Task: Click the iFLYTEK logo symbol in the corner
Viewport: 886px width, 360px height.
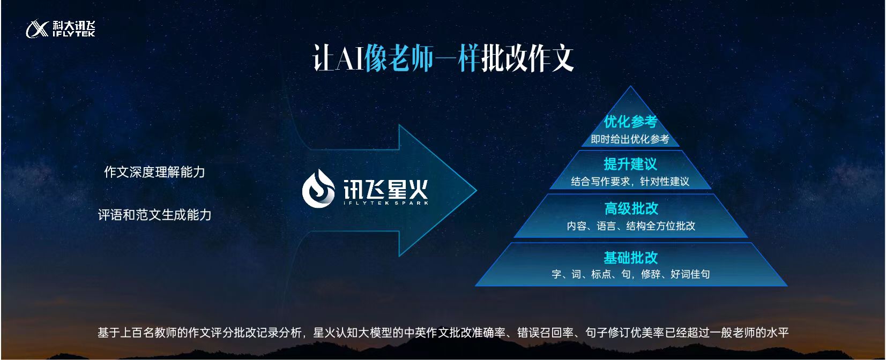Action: [x=38, y=29]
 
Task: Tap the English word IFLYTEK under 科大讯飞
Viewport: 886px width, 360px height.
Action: [x=74, y=34]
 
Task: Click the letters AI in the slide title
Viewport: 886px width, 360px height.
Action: [x=349, y=58]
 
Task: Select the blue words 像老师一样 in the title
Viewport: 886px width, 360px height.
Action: [x=422, y=58]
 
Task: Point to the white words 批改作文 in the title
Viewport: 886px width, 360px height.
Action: [x=527, y=58]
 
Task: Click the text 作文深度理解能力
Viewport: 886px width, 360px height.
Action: [x=155, y=172]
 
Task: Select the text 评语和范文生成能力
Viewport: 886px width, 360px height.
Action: [x=155, y=215]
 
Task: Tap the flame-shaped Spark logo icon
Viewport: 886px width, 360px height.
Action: [x=318, y=189]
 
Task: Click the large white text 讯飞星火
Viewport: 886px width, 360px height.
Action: [x=385, y=189]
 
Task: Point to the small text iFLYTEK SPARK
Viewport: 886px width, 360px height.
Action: [x=386, y=203]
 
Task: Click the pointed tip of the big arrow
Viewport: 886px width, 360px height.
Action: [x=476, y=191]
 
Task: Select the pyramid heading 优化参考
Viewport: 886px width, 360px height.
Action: [x=630, y=122]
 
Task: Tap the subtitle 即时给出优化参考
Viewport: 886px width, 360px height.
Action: [x=630, y=139]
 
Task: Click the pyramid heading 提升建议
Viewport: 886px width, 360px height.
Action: [x=630, y=164]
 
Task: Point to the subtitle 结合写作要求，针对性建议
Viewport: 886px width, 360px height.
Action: [x=630, y=182]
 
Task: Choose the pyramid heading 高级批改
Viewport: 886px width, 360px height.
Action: [x=631, y=208]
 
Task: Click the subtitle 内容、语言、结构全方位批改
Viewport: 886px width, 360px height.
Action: [x=631, y=226]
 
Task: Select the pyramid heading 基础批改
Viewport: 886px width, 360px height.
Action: [x=631, y=258]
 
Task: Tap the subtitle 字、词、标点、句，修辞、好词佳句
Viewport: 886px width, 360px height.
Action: [x=631, y=274]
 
